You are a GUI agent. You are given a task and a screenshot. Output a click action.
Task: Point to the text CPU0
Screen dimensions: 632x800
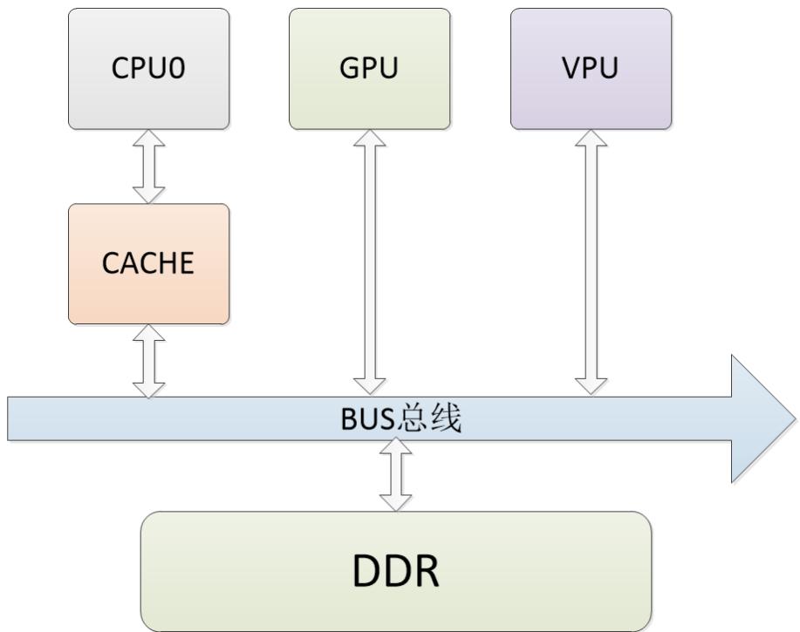point(149,69)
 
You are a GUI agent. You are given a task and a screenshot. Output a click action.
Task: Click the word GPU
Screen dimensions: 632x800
point(370,69)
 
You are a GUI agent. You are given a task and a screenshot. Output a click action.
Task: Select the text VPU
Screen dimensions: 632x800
point(591,69)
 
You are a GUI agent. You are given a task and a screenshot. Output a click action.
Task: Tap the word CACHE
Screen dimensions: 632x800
point(149,263)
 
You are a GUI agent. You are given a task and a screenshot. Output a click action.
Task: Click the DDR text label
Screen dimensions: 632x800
point(396,571)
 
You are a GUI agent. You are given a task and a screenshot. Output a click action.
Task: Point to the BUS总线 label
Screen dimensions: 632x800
point(400,419)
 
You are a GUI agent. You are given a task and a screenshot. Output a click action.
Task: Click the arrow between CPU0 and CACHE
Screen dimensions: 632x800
point(149,166)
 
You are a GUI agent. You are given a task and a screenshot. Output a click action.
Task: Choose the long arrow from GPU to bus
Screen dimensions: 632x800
point(370,262)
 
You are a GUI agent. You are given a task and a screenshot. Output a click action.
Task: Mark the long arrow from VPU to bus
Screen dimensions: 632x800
point(591,262)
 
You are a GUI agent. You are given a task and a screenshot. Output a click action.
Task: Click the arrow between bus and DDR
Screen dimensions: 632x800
point(396,475)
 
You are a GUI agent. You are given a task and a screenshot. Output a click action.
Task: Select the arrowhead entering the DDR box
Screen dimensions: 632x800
point(396,502)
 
